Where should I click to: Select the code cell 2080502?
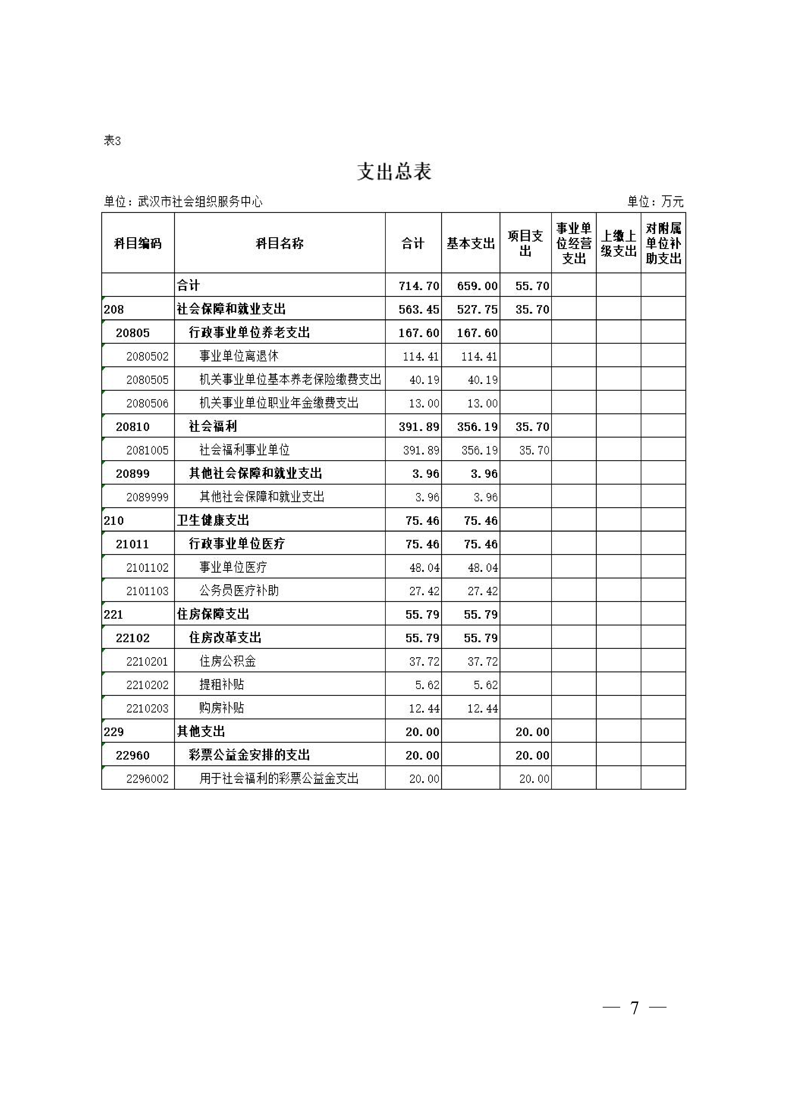click(147, 356)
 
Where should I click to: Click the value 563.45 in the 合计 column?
click(418, 309)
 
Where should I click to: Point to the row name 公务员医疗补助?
click(239, 591)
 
